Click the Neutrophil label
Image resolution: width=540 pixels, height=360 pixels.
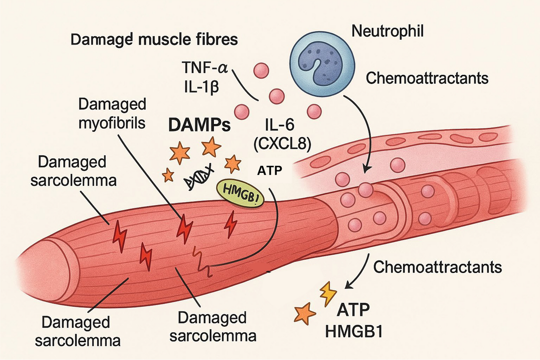387,31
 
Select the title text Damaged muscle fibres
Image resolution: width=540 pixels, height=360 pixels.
154,40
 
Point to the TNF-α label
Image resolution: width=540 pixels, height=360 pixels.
204,68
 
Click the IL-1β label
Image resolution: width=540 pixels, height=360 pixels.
201,87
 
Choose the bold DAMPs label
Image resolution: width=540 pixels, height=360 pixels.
199,125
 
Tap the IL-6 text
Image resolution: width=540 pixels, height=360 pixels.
280,125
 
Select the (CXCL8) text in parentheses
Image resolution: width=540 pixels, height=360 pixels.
282,144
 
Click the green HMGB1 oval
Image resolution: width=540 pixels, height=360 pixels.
240,193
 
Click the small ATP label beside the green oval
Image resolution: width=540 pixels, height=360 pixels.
269,170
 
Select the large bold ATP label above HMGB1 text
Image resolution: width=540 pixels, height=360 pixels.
353,310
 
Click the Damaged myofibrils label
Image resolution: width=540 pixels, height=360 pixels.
112,113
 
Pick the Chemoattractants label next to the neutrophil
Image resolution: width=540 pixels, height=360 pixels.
427,78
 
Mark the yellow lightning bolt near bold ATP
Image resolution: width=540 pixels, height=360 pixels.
328,294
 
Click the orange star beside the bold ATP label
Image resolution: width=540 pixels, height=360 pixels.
305,314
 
